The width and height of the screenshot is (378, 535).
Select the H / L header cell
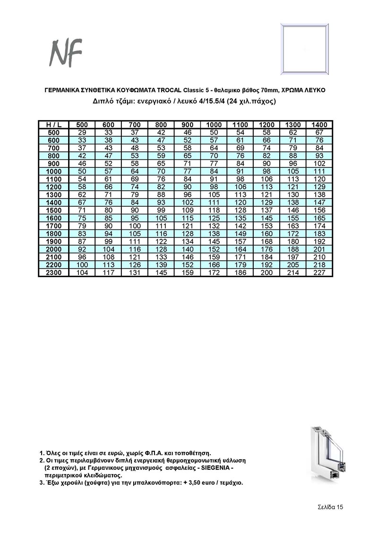coord(53,124)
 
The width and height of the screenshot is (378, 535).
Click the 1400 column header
coord(320,124)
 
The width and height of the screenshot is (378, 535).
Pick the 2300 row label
coord(53,273)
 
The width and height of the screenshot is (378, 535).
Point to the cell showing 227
coord(320,273)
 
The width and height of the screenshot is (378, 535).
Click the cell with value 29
coord(82,132)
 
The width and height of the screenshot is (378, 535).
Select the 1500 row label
coord(53,210)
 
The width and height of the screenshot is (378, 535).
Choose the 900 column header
coord(188,124)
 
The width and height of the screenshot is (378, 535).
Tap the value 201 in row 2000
coord(320,249)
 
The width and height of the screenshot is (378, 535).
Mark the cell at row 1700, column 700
coord(135,226)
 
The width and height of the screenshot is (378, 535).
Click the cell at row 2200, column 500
coord(82,265)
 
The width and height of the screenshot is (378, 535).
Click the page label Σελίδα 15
coord(330,507)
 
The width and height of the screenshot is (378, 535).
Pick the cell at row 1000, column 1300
coord(293,171)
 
